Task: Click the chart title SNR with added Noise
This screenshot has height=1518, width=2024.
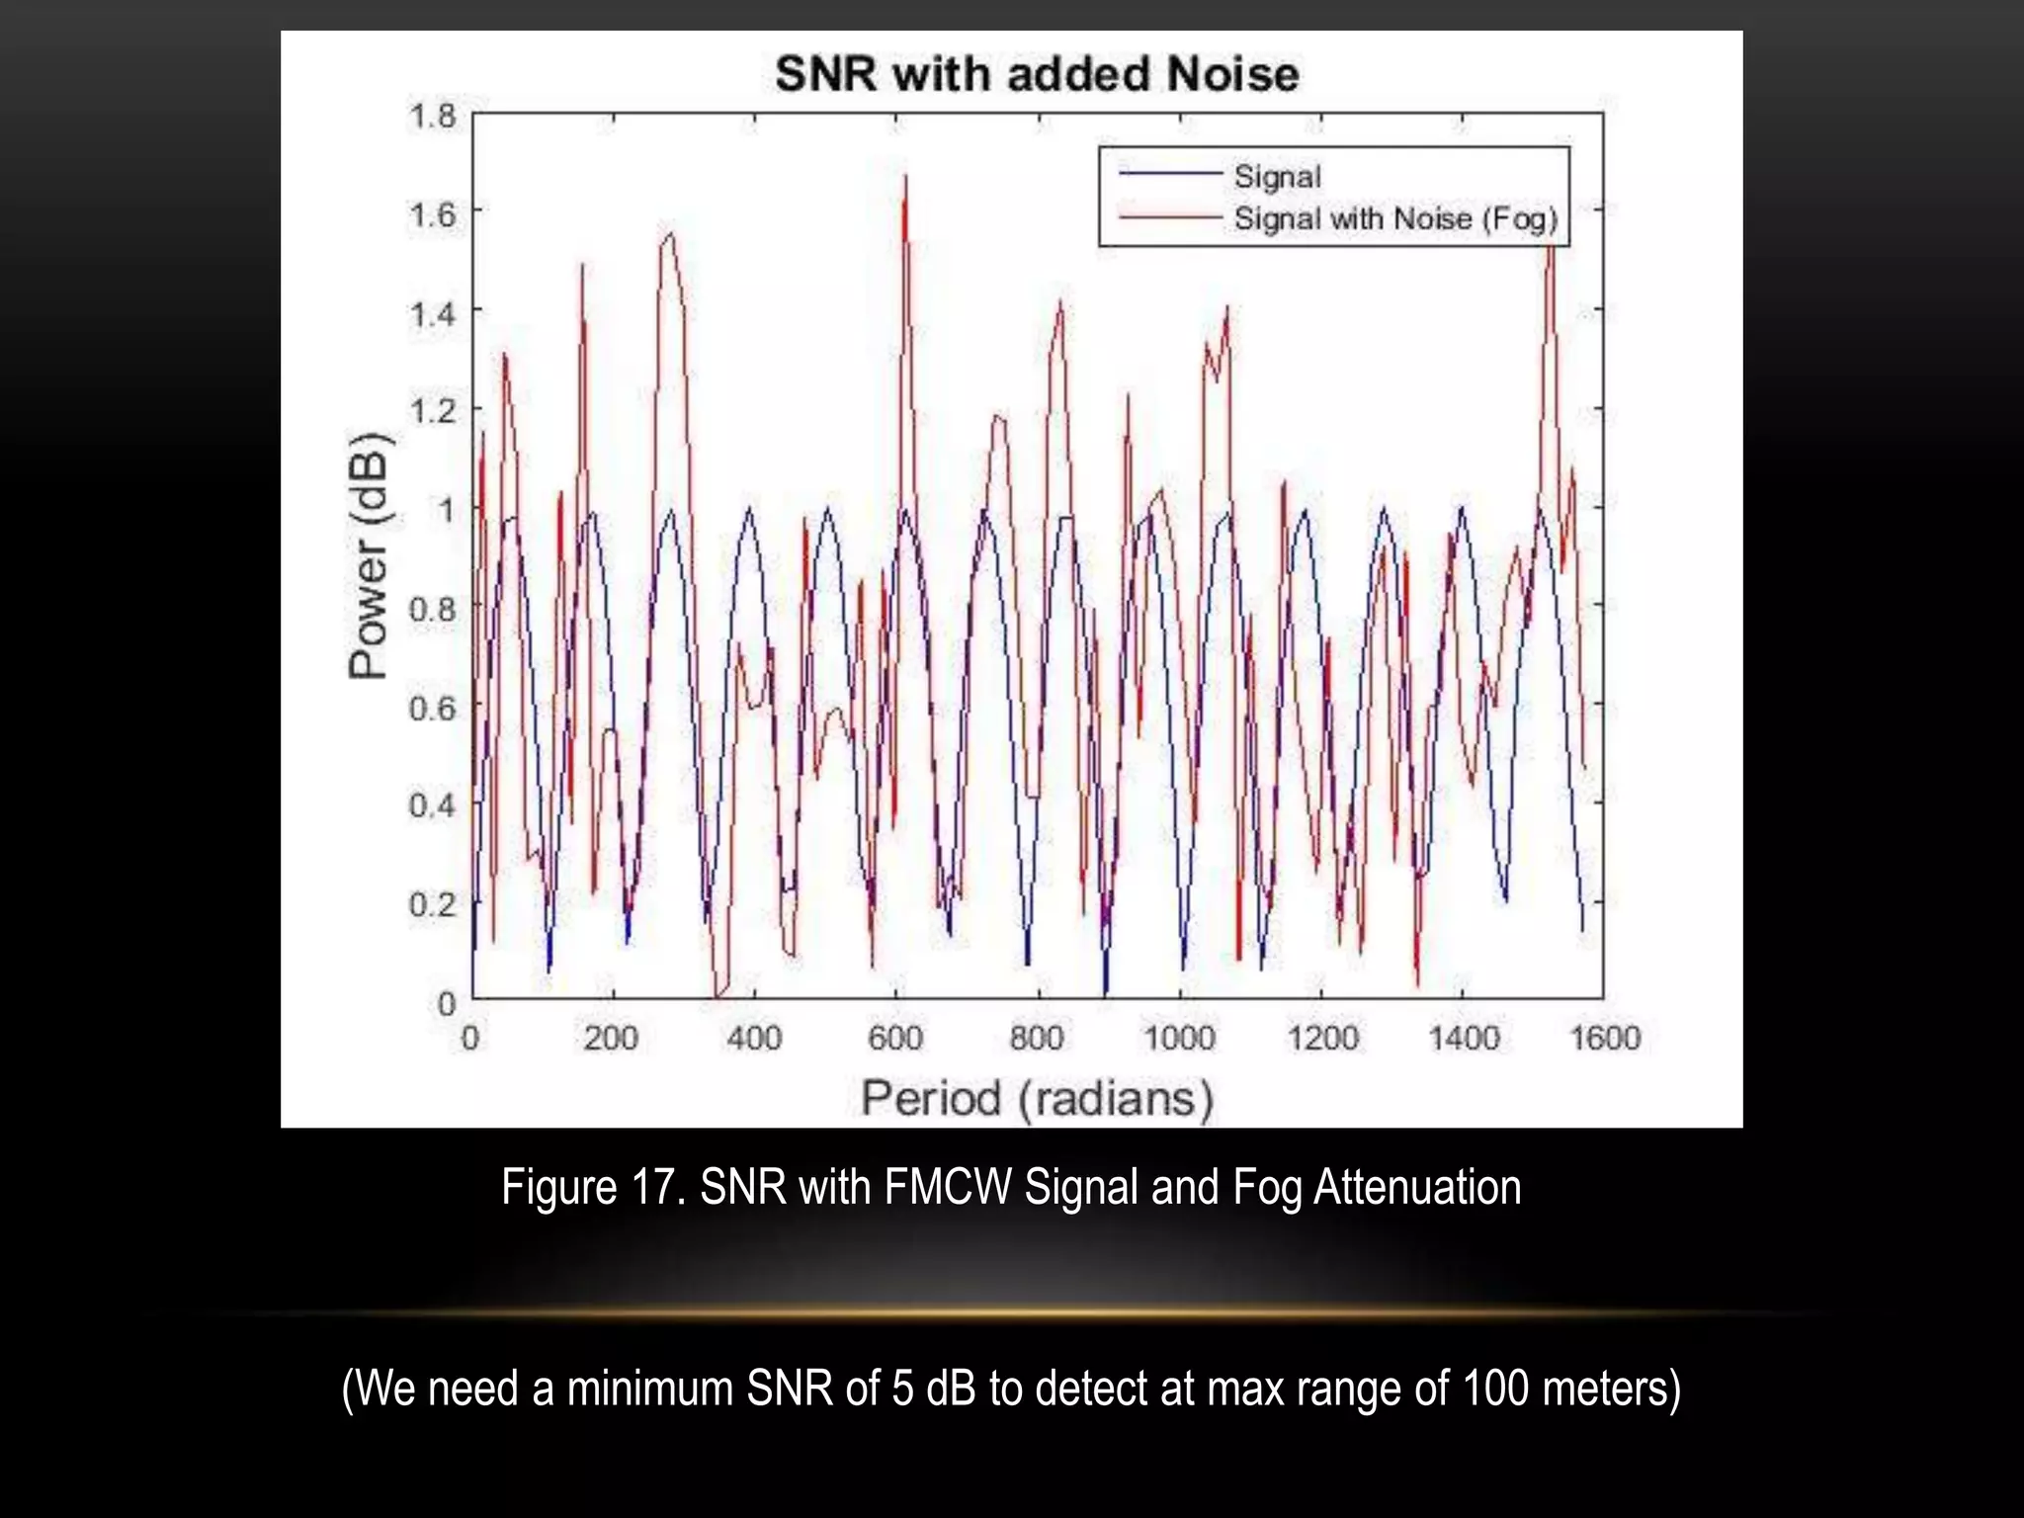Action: click(1037, 74)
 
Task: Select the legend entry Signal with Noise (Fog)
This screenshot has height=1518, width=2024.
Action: click(1394, 218)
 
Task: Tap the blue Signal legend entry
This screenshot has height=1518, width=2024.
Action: click(1277, 177)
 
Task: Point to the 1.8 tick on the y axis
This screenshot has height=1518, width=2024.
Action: click(433, 117)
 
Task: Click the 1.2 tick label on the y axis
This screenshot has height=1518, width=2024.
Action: click(433, 410)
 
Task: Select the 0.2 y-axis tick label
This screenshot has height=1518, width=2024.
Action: click(433, 903)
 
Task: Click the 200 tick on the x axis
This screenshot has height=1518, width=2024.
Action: click(611, 1038)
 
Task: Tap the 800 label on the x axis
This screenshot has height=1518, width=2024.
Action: click(1037, 1038)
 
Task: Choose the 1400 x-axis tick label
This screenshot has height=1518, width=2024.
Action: click(1464, 1038)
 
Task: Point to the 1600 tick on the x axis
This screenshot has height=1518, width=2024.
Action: click(1605, 1038)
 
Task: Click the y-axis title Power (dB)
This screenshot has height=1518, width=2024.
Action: click(370, 555)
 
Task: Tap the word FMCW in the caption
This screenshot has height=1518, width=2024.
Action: click(948, 1187)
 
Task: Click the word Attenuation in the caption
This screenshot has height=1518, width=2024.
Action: click(1416, 1187)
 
